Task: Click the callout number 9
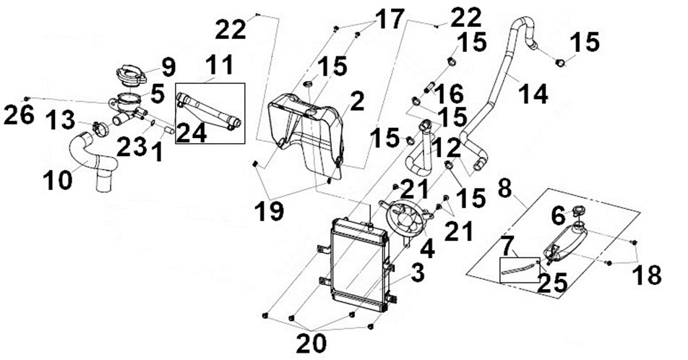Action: tap(168, 68)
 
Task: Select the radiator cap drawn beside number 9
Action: tap(131, 75)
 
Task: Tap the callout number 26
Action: tap(19, 116)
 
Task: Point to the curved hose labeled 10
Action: tap(95, 161)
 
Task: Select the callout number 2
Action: tap(357, 101)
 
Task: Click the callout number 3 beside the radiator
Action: tap(417, 273)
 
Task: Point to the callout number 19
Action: tap(270, 211)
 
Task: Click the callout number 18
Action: tap(647, 275)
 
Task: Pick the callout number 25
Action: tap(552, 283)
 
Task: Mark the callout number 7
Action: tap(511, 248)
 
